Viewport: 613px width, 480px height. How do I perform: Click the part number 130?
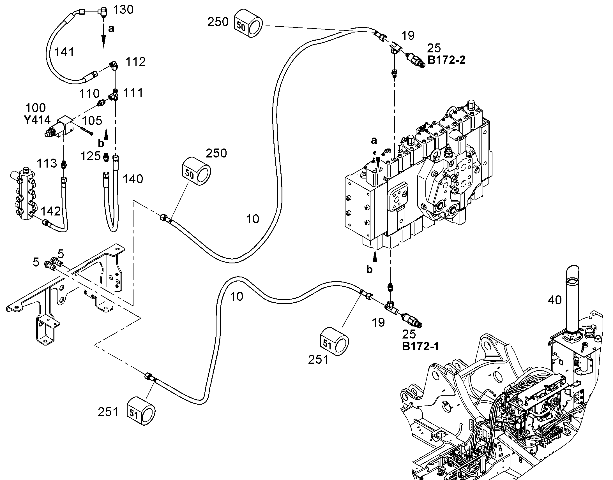pos(123,10)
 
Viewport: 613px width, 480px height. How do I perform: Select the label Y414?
pos(37,120)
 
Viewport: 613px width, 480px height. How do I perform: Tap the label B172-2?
pos(446,60)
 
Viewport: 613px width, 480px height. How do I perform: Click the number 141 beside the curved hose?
pos(64,52)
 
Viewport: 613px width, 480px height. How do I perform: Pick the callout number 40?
pos(555,300)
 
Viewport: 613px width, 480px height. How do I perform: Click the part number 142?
pos(51,211)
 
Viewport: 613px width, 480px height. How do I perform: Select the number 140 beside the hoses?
pos(133,179)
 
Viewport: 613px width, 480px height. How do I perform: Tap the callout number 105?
pos(92,121)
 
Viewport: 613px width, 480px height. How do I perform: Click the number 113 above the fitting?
pos(47,163)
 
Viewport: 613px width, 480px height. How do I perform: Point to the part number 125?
pos(91,156)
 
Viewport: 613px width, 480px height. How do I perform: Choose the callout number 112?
pos(135,62)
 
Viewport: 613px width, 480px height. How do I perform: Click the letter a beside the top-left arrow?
pos(111,28)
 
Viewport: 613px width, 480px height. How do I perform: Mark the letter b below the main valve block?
pos(369,269)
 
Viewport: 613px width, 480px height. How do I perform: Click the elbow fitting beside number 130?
pos(103,13)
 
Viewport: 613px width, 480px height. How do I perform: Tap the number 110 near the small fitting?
pos(89,94)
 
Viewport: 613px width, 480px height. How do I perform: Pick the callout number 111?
pos(133,93)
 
